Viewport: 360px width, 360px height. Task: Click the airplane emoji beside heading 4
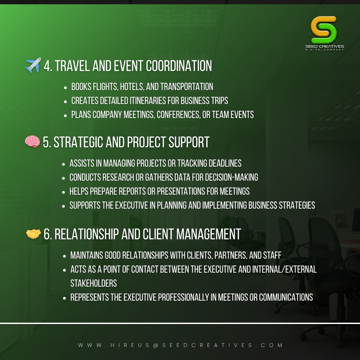[x=33, y=65]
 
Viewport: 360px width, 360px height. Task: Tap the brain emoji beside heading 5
[x=32, y=141]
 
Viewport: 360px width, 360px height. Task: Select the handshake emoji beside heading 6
[x=33, y=234]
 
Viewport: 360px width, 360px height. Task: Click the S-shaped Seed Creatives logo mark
[x=324, y=30]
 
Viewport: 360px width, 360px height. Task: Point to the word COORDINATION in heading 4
[x=179, y=66]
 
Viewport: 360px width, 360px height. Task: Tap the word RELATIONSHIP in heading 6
[x=87, y=234]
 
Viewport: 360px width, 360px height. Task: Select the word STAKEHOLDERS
[x=94, y=283]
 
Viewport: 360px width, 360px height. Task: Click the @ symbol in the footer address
[x=156, y=345]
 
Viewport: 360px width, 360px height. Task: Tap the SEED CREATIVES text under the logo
[x=325, y=46]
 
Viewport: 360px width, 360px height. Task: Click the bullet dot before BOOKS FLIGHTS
[x=65, y=88]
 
